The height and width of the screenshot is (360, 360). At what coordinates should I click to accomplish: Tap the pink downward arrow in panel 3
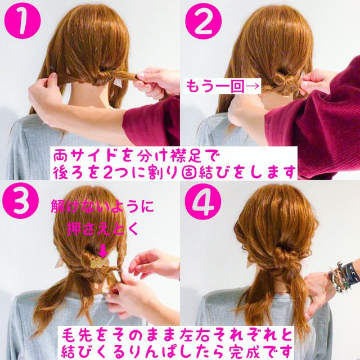click(x=102, y=248)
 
